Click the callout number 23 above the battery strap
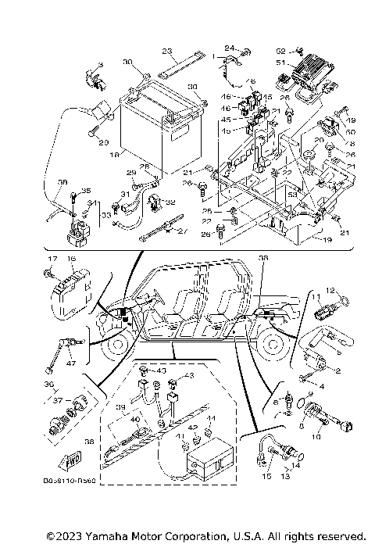tap(166, 51)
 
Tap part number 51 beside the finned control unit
tap(280, 63)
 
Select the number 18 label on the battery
tap(115, 156)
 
